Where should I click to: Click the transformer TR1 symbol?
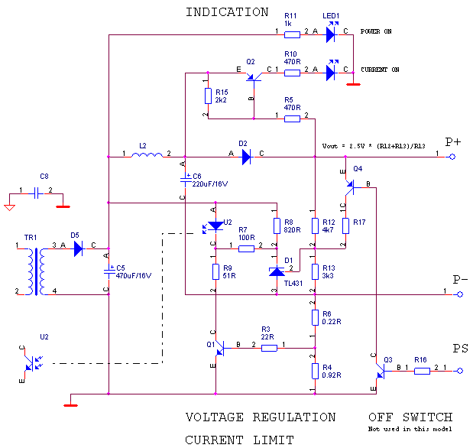pos(35,271)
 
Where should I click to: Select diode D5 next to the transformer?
pos(78,248)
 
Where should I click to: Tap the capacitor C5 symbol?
pos(109,271)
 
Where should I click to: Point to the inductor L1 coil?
pos(147,156)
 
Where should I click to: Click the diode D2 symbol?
pos(246,157)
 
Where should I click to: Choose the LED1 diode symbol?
pos(331,34)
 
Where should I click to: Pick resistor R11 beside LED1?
pos(292,34)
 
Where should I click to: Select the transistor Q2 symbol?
pos(253,75)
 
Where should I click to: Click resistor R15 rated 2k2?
pos(208,96)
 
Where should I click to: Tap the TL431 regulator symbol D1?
pos(277,271)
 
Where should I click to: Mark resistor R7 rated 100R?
pos(246,248)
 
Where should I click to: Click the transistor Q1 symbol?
pos(219,348)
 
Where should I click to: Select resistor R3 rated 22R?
pos(269,348)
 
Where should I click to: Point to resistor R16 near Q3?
pos(422,371)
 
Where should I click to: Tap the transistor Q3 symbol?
pos(380,371)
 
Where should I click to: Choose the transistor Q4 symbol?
pos(350,183)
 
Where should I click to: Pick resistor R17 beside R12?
pos(345,226)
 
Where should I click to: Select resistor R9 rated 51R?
pos(215,271)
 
